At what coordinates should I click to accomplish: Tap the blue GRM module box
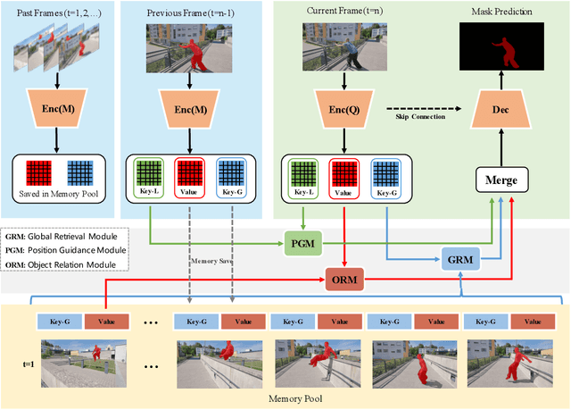pyautogui.click(x=460, y=260)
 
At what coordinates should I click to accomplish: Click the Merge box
pyautogui.click(x=500, y=180)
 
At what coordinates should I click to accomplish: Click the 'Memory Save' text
pyautogui.click(x=213, y=260)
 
